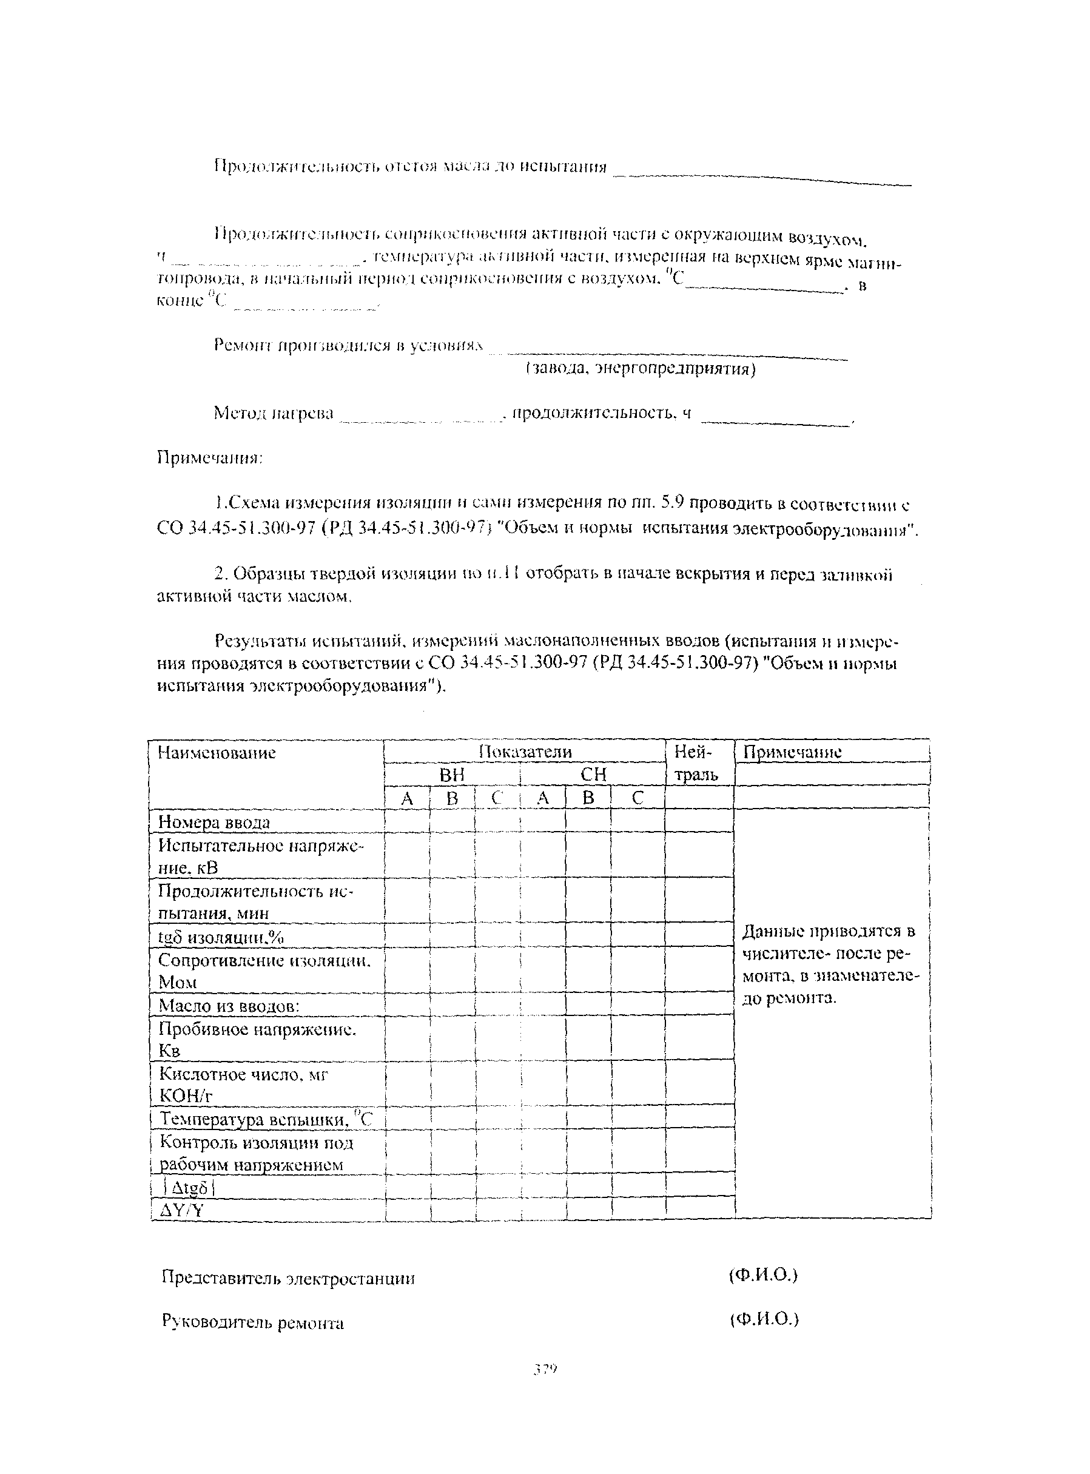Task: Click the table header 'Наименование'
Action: coord(217,753)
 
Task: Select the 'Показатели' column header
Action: coord(525,752)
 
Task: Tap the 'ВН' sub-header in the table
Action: coord(452,774)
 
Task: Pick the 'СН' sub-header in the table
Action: coord(593,774)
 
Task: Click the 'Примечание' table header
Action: coord(792,752)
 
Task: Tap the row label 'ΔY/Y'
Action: coord(182,1210)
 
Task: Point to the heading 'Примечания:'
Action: coord(210,458)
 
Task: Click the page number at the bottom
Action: coord(545,1369)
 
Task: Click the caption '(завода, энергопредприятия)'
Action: coord(640,368)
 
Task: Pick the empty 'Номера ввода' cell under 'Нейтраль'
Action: coord(699,821)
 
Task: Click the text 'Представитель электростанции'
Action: coord(288,1278)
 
